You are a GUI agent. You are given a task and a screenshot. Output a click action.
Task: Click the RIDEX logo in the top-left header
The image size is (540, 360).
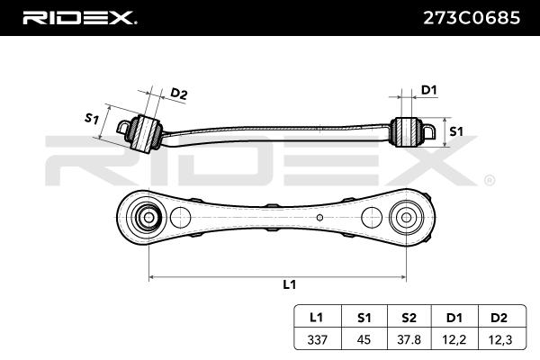coord(78,16)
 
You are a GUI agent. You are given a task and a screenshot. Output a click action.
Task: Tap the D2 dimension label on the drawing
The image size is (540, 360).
coord(179,94)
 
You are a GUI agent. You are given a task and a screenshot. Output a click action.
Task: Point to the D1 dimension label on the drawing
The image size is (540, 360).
coord(429,90)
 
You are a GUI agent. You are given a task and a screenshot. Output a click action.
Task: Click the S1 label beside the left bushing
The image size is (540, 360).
coord(91,118)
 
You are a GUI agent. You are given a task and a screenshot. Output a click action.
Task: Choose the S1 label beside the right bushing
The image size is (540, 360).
coord(455,130)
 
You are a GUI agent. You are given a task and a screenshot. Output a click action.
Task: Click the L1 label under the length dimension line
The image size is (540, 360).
coord(289,284)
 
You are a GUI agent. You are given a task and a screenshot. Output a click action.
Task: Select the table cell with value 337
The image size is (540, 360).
coord(317,338)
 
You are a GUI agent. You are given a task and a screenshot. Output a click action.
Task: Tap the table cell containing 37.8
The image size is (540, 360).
coord(409,338)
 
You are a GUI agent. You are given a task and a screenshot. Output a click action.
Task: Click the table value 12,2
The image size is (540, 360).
coord(454,338)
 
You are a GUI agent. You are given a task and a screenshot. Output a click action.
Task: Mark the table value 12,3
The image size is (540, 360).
coord(499,338)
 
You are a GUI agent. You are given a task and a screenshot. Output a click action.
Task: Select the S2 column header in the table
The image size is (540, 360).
coord(409,318)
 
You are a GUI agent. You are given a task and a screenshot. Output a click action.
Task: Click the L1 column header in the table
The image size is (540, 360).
coord(317,318)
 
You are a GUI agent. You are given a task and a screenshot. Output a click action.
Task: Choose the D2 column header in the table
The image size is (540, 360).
coord(499,318)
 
